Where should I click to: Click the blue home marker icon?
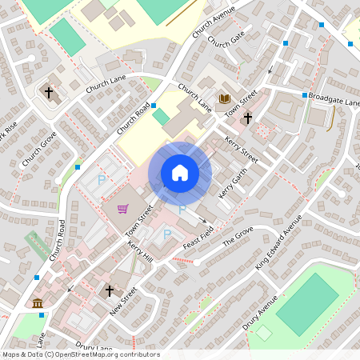[x=180, y=173]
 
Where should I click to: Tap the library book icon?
[x=225, y=99]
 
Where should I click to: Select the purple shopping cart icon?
[x=122, y=209]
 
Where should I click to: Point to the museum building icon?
[x=38, y=302]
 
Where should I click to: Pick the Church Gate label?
[x=225, y=40]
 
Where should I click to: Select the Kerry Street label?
[x=243, y=149]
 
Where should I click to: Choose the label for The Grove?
[x=238, y=237]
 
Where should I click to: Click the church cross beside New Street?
[x=110, y=291]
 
